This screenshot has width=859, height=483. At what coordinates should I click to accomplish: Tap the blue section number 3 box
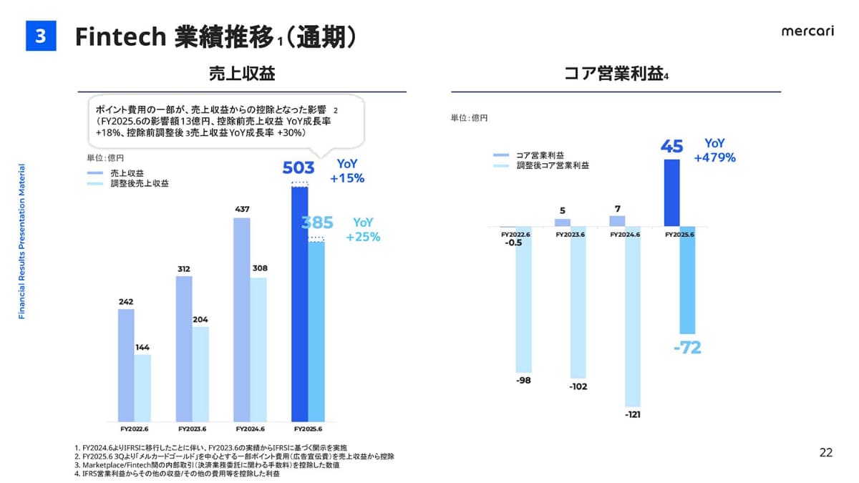click(x=41, y=36)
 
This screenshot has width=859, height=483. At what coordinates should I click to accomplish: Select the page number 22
click(x=826, y=452)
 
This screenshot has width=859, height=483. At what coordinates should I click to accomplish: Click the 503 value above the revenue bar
click(x=299, y=168)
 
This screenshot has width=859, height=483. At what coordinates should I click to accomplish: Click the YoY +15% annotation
click(x=347, y=172)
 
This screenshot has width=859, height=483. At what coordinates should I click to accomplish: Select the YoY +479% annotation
click(x=714, y=151)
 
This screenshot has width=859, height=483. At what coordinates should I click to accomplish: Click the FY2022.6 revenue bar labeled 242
click(x=126, y=365)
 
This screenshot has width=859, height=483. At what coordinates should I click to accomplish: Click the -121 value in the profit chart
click(x=632, y=414)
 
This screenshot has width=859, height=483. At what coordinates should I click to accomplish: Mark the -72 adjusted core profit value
click(x=687, y=348)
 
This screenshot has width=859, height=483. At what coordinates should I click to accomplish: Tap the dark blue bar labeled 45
click(x=671, y=192)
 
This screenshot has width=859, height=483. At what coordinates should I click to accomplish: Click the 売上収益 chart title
click(x=242, y=73)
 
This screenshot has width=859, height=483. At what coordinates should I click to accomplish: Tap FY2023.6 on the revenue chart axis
click(x=191, y=429)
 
